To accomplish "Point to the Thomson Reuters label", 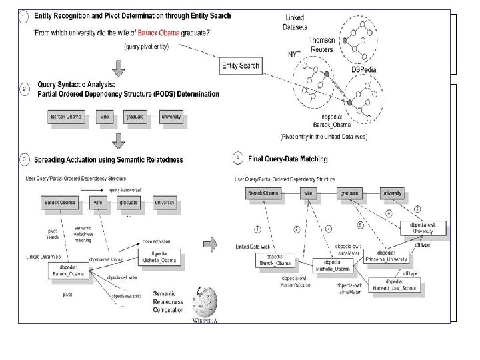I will coord(320,45).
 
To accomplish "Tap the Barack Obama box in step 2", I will coord(67,117).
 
